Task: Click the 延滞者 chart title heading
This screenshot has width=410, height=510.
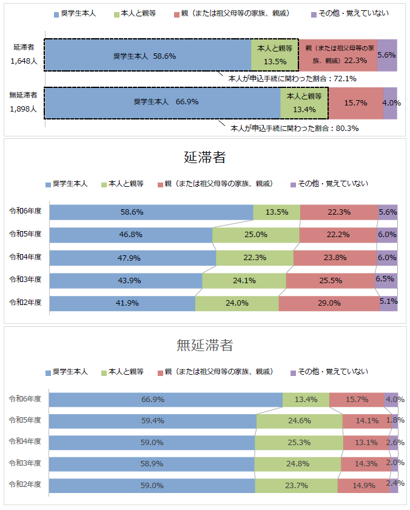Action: click(205, 158)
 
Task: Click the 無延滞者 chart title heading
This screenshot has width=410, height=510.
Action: click(205, 346)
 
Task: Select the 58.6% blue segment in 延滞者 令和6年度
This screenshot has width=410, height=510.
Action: click(150, 212)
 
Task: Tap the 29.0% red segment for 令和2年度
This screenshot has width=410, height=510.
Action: click(329, 303)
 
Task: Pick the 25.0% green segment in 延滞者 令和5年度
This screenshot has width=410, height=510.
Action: click(256, 235)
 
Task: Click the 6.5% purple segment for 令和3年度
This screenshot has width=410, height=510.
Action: click(386, 280)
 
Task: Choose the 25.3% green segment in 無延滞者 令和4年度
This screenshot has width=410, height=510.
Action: click(298, 443)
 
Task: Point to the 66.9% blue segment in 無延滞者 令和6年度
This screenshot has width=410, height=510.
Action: click(166, 400)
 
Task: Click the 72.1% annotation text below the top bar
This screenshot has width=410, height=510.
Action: click(292, 79)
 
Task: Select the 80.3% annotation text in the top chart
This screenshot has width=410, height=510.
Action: click(295, 129)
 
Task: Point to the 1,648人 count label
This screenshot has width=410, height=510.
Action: click(24, 61)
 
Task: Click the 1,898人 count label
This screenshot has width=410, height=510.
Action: click(24, 109)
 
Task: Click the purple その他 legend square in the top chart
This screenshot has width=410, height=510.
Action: click(313, 13)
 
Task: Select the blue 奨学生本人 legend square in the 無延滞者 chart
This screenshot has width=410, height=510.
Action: click(48, 371)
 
